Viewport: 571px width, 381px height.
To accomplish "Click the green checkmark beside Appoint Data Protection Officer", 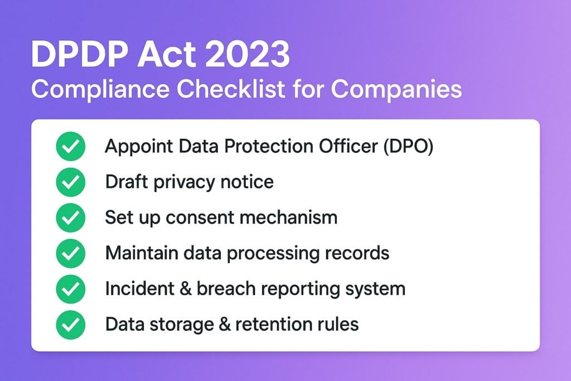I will point(70,146).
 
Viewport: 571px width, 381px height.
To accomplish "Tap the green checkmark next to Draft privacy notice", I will point(70,182).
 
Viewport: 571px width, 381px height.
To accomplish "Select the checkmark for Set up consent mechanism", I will point(70,218).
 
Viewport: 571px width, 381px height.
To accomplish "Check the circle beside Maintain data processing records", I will point(70,253).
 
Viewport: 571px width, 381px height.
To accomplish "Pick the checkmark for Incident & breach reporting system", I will point(70,289).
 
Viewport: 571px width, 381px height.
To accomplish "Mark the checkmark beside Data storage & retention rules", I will point(70,325).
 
